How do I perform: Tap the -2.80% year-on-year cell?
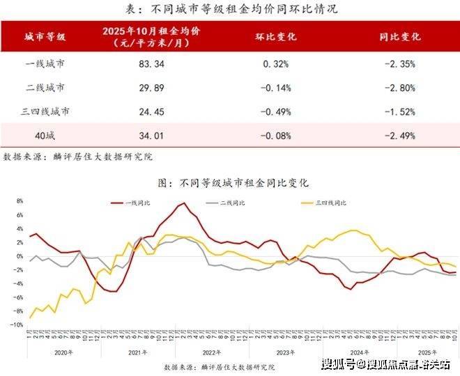[x=400, y=88]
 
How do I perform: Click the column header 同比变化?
[x=400, y=36]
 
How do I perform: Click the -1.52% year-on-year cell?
[x=400, y=111]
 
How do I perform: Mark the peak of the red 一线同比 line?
[x=183, y=203]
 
